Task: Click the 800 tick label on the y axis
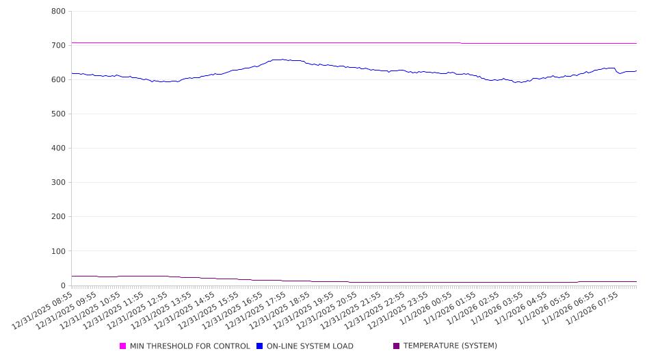coord(58,12)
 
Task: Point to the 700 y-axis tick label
coord(58,46)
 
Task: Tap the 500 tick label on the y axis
coord(58,114)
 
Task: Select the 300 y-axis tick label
coord(58,183)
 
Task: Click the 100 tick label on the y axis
coord(58,251)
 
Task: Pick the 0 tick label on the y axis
coord(62,285)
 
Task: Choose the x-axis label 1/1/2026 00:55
coord(424,309)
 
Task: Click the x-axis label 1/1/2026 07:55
coord(590,309)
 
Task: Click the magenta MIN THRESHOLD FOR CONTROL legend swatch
coord(123,346)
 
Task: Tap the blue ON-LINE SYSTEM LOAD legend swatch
coord(260,346)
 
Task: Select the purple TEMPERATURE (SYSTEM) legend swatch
coord(397,346)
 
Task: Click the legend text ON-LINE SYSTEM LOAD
coord(310,346)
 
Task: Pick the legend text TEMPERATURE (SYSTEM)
coord(450,346)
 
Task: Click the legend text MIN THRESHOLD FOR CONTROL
coord(189,346)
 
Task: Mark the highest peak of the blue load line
coord(281,60)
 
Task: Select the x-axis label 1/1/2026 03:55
coord(495,309)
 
